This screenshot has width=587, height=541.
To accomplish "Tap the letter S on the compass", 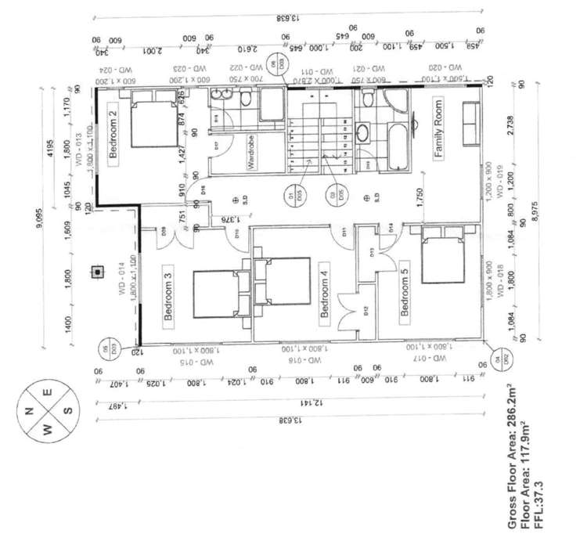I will click(x=67, y=409).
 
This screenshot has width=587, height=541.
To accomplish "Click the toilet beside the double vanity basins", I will click(x=246, y=99).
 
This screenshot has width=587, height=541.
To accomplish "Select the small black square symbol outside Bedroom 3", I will click(x=97, y=272).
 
